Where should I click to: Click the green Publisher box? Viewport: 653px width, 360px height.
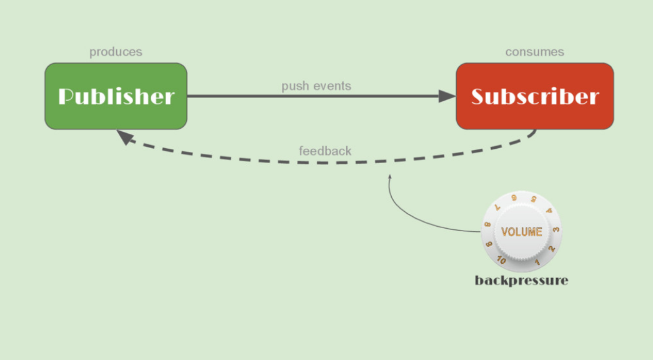pos(116,96)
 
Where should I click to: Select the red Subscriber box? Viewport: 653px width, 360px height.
pos(534,96)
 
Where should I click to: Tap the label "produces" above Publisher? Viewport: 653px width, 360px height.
pos(116,52)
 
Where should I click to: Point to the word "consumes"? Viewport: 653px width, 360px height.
pos(534,52)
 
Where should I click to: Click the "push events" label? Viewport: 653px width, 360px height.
pos(316,86)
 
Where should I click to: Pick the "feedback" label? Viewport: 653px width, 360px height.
pos(325,151)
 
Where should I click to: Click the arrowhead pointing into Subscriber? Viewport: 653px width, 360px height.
pos(447,96)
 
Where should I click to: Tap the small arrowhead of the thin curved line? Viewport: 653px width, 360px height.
pos(390,177)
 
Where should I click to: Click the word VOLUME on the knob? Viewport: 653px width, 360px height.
pos(521,232)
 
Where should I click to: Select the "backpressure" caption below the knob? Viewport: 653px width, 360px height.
pos(521,280)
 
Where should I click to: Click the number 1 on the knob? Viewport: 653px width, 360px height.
pos(538,261)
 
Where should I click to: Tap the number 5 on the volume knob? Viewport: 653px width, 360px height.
pos(533,199)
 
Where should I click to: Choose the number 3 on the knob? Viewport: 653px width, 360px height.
pos(556,230)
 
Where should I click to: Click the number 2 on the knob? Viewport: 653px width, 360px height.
pos(551,249)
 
